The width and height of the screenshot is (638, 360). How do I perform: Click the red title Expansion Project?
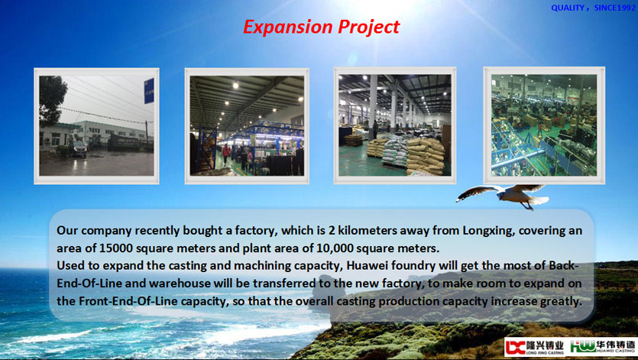coord(322,28)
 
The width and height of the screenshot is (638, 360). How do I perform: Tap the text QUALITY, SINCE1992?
coord(593,8)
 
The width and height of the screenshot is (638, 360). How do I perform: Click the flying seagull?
coord(503,196)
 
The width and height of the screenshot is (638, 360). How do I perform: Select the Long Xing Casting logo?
coord(535,347)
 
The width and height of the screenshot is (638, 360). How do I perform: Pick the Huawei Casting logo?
coord(603,347)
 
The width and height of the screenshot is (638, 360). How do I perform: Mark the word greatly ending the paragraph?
coord(562,302)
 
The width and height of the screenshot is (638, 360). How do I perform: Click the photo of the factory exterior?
coord(96,126)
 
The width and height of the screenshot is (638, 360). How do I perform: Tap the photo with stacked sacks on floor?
coord(395,125)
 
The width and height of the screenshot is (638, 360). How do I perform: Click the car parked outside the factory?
coord(79,149)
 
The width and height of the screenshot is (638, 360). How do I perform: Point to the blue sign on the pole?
coord(149,91)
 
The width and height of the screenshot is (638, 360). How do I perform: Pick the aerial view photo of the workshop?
coord(544,125)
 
